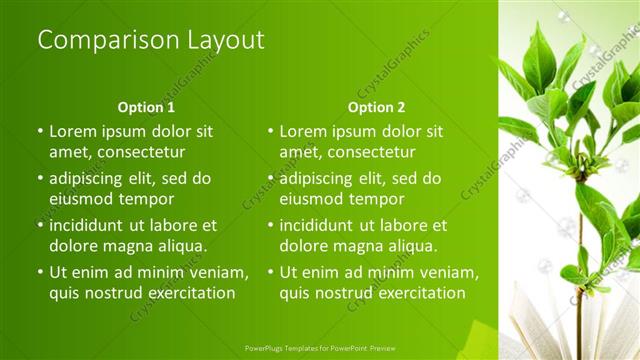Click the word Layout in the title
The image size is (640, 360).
pos(222,40)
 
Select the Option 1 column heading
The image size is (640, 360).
pos(146,107)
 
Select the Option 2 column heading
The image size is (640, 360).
pos(377,107)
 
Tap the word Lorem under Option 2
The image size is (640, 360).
pos(304,131)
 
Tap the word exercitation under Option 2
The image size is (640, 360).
pos(408,293)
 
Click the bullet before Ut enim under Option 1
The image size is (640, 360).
pos(40,273)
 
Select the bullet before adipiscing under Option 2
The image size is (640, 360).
pos(270,179)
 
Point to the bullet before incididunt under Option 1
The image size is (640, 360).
pos(40,226)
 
